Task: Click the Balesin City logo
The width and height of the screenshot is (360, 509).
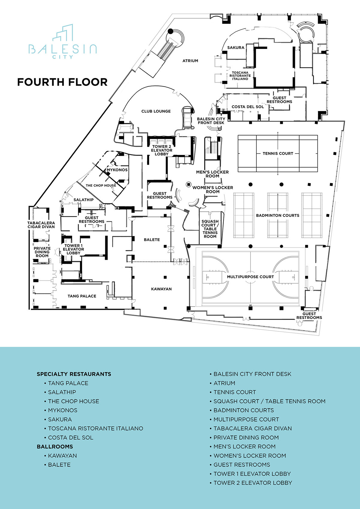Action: pos(63,42)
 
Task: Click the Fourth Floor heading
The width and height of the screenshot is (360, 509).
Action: pos(62,82)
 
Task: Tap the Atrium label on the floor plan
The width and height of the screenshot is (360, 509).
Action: pos(190,61)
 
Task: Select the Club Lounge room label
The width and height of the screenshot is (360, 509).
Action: pos(156,111)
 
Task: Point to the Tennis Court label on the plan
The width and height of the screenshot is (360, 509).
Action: pos(278,154)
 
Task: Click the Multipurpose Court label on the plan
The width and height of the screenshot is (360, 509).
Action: pos(250,277)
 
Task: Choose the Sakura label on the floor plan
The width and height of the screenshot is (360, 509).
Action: pos(236,48)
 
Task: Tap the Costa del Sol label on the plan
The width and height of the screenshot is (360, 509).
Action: pos(248,107)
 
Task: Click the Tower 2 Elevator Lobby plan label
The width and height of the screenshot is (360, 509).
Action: pos(162,150)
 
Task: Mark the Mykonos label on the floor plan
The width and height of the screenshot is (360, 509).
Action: pos(117,170)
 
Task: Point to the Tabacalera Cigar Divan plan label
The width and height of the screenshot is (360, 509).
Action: pos(41,225)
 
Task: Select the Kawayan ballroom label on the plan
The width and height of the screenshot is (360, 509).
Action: pos(161,289)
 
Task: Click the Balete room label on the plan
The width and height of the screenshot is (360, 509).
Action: pos(152,240)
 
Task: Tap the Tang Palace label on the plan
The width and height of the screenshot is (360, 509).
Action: pos(82,296)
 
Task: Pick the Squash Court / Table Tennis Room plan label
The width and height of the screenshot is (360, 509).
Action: pos(210,229)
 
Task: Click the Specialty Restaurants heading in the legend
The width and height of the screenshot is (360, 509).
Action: pos(74,374)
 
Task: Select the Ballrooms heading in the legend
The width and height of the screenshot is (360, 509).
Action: pos(55,447)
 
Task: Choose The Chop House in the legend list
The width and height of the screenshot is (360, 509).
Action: pos(73,401)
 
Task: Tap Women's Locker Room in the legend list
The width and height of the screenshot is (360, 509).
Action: pos(250,456)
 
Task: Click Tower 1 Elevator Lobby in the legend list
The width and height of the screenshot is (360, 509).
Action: pos(252,474)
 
